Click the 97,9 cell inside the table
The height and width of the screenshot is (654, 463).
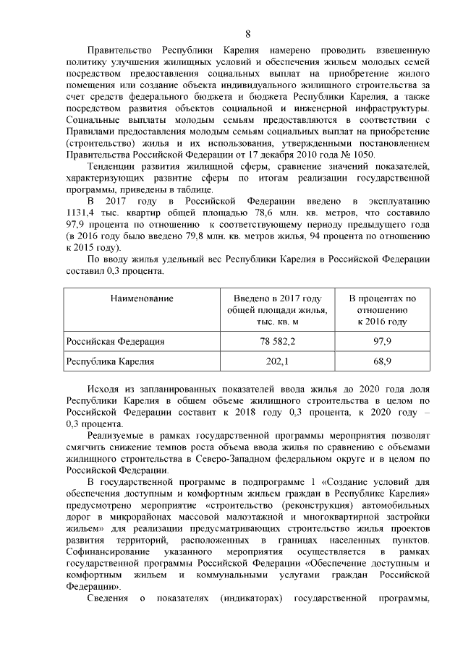point(381,341)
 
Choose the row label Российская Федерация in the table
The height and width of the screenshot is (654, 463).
point(115,341)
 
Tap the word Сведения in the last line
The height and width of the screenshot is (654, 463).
point(107,598)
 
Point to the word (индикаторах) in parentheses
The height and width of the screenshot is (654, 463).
point(252,598)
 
